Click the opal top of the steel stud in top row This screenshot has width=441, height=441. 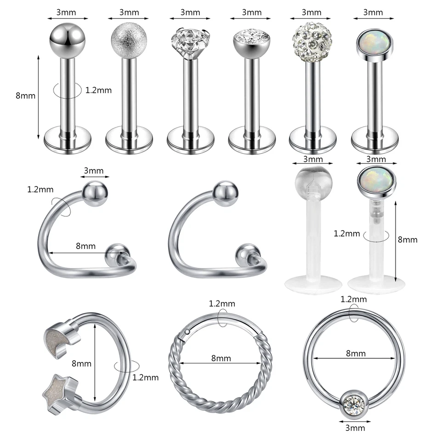click(373, 45)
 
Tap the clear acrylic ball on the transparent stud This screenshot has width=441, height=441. click(312, 181)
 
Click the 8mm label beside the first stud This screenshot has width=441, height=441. click(25, 96)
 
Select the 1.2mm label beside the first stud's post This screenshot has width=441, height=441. click(98, 90)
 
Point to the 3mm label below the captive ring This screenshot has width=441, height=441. click(355, 428)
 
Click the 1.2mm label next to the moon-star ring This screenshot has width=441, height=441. click(145, 378)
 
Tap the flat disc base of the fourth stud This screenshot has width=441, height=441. click(251, 139)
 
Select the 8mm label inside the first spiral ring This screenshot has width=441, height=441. click(85, 246)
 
